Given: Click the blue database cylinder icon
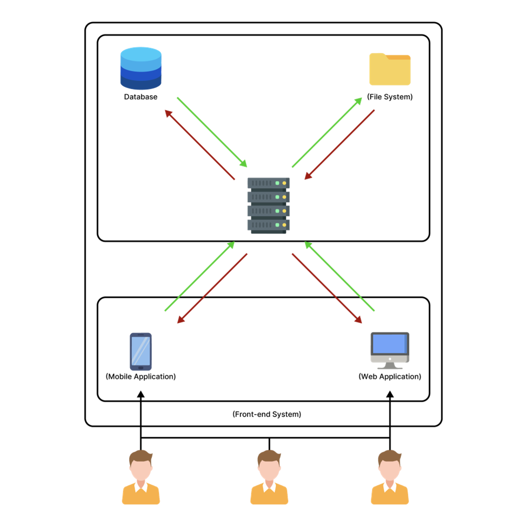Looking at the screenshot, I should click(141, 68).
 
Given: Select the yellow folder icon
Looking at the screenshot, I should click(390, 70).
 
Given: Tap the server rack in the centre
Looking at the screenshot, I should click(269, 205).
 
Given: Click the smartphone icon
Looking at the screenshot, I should click(141, 351).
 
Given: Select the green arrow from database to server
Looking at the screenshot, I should click(212, 132).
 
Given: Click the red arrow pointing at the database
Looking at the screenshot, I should click(199, 144).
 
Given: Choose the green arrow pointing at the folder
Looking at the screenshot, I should click(327, 132).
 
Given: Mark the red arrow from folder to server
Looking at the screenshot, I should click(339, 144).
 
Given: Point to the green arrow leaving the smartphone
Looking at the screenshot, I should click(199, 276).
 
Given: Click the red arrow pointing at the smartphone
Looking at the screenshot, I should click(212, 289).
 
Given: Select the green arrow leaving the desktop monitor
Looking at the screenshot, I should click(339, 276).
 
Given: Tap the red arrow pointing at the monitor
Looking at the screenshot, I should click(327, 289).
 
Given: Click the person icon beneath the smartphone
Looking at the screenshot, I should click(141, 478).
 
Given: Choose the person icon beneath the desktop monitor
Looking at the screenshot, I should click(390, 478).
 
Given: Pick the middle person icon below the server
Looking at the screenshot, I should click(269, 478).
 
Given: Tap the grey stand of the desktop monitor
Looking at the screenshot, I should click(390, 366).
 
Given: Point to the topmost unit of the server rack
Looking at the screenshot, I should click(269, 183).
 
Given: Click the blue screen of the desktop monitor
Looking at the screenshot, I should click(389, 344).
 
